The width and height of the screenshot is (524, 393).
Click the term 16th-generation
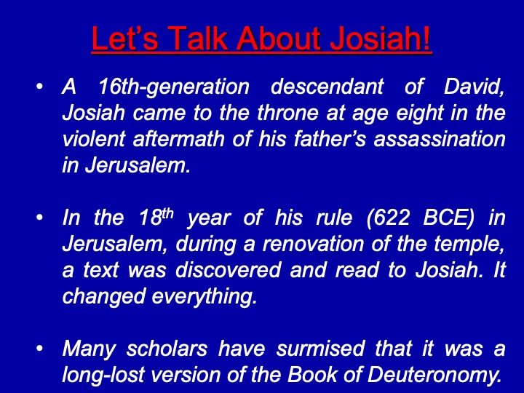pyautogui.click(x=174, y=87)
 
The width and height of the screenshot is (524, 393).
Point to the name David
pyautogui.click(x=474, y=87)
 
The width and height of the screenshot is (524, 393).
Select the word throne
pyautogui.click(x=287, y=113)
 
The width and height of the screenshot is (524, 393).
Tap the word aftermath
pyautogui.click(x=178, y=139)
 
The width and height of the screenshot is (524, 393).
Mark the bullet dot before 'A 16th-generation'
pyautogui.click(x=40, y=87)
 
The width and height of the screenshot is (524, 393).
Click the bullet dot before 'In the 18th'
pyautogui.click(x=40, y=218)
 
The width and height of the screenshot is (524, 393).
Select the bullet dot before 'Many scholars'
pyautogui.click(x=40, y=349)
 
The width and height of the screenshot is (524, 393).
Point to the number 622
pyautogui.click(x=389, y=218)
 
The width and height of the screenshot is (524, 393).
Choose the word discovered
pyautogui.click(x=229, y=270)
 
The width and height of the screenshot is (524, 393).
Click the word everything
pyautogui.click(x=205, y=297)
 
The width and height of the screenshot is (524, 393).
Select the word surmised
pyautogui.click(x=320, y=349)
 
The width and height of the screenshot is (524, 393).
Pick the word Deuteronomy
pyautogui.click(x=434, y=376)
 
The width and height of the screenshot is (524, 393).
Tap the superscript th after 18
pyautogui.click(x=168, y=213)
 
